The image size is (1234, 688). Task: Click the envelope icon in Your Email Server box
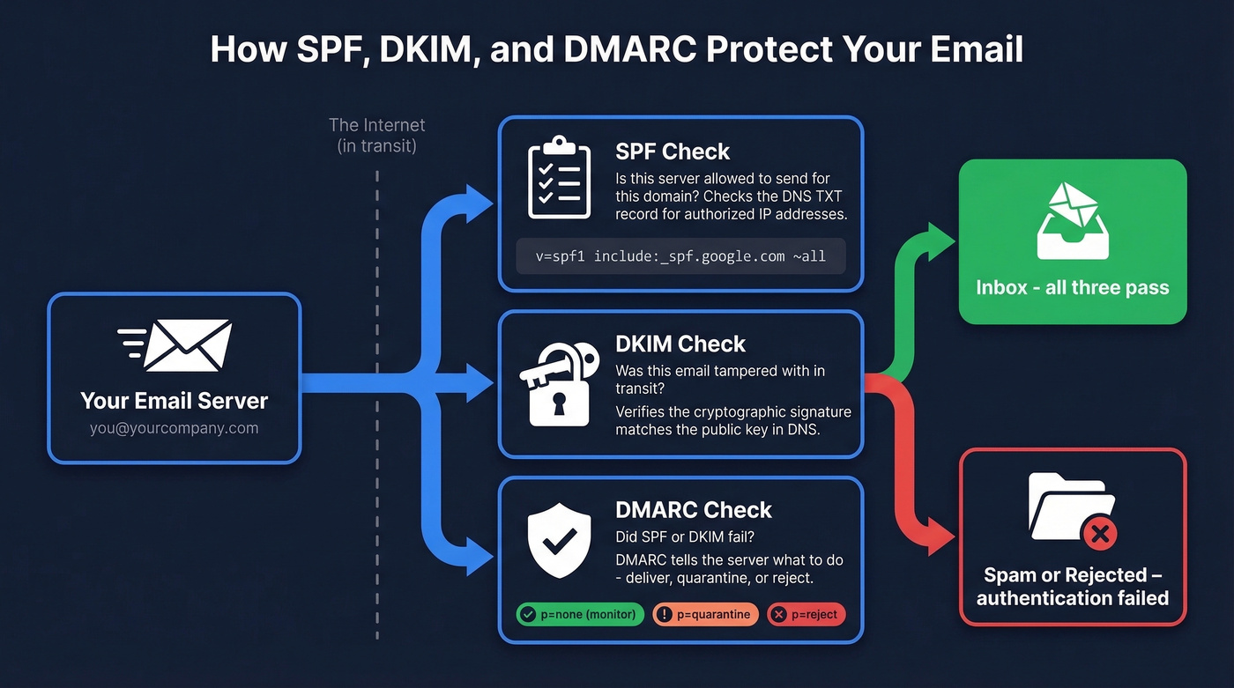[x=176, y=345]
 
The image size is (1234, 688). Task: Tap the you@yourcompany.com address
[x=174, y=428]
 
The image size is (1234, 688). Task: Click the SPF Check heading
[x=672, y=152]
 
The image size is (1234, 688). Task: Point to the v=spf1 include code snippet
[x=680, y=256]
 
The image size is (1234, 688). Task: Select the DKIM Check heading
[x=680, y=344]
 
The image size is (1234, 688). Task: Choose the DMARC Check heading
[x=693, y=509]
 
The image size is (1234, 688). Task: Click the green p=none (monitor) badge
[x=581, y=614]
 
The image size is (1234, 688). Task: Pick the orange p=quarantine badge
[x=705, y=614]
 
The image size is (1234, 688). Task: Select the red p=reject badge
[x=806, y=614]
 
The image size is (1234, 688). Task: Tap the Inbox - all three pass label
[x=1072, y=288]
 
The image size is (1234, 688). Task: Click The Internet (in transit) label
[x=376, y=136]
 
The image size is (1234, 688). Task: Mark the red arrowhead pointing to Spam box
[x=941, y=535]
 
